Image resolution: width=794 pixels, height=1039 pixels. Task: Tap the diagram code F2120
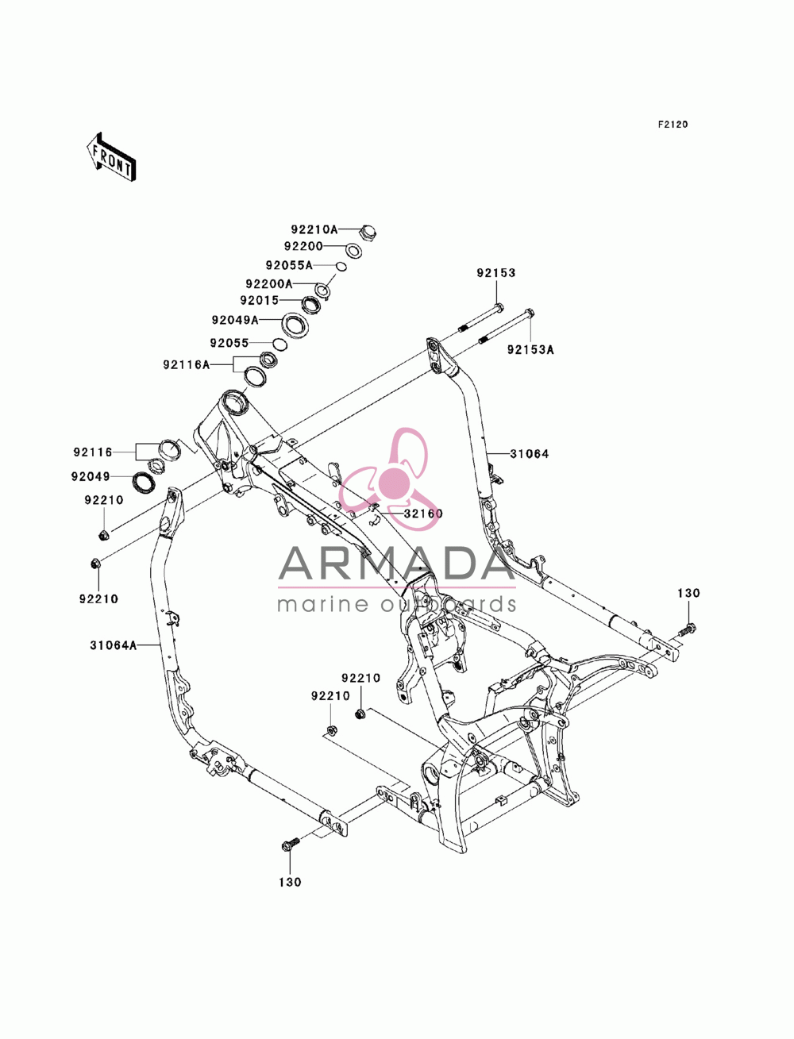(x=672, y=125)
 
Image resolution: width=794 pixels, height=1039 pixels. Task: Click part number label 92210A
(x=314, y=229)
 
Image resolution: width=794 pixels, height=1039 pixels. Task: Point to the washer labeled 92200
(x=353, y=249)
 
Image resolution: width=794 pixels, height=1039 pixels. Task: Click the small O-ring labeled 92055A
(x=341, y=267)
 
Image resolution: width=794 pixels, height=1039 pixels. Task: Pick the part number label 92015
(x=259, y=301)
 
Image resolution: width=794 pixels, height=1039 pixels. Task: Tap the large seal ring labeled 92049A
(x=295, y=325)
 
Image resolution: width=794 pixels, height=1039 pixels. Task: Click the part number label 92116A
(x=186, y=364)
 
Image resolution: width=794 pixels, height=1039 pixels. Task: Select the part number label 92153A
(x=530, y=350)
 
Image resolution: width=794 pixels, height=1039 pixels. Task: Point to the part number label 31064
(x=529, y=453)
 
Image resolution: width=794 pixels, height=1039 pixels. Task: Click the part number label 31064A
(x=114, y=645)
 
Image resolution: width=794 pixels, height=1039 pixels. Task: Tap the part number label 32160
(x=422, y=514)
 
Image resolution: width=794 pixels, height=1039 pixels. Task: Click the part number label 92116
(x=93, y=452)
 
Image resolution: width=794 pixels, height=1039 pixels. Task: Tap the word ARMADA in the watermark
(x=396, y=564)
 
